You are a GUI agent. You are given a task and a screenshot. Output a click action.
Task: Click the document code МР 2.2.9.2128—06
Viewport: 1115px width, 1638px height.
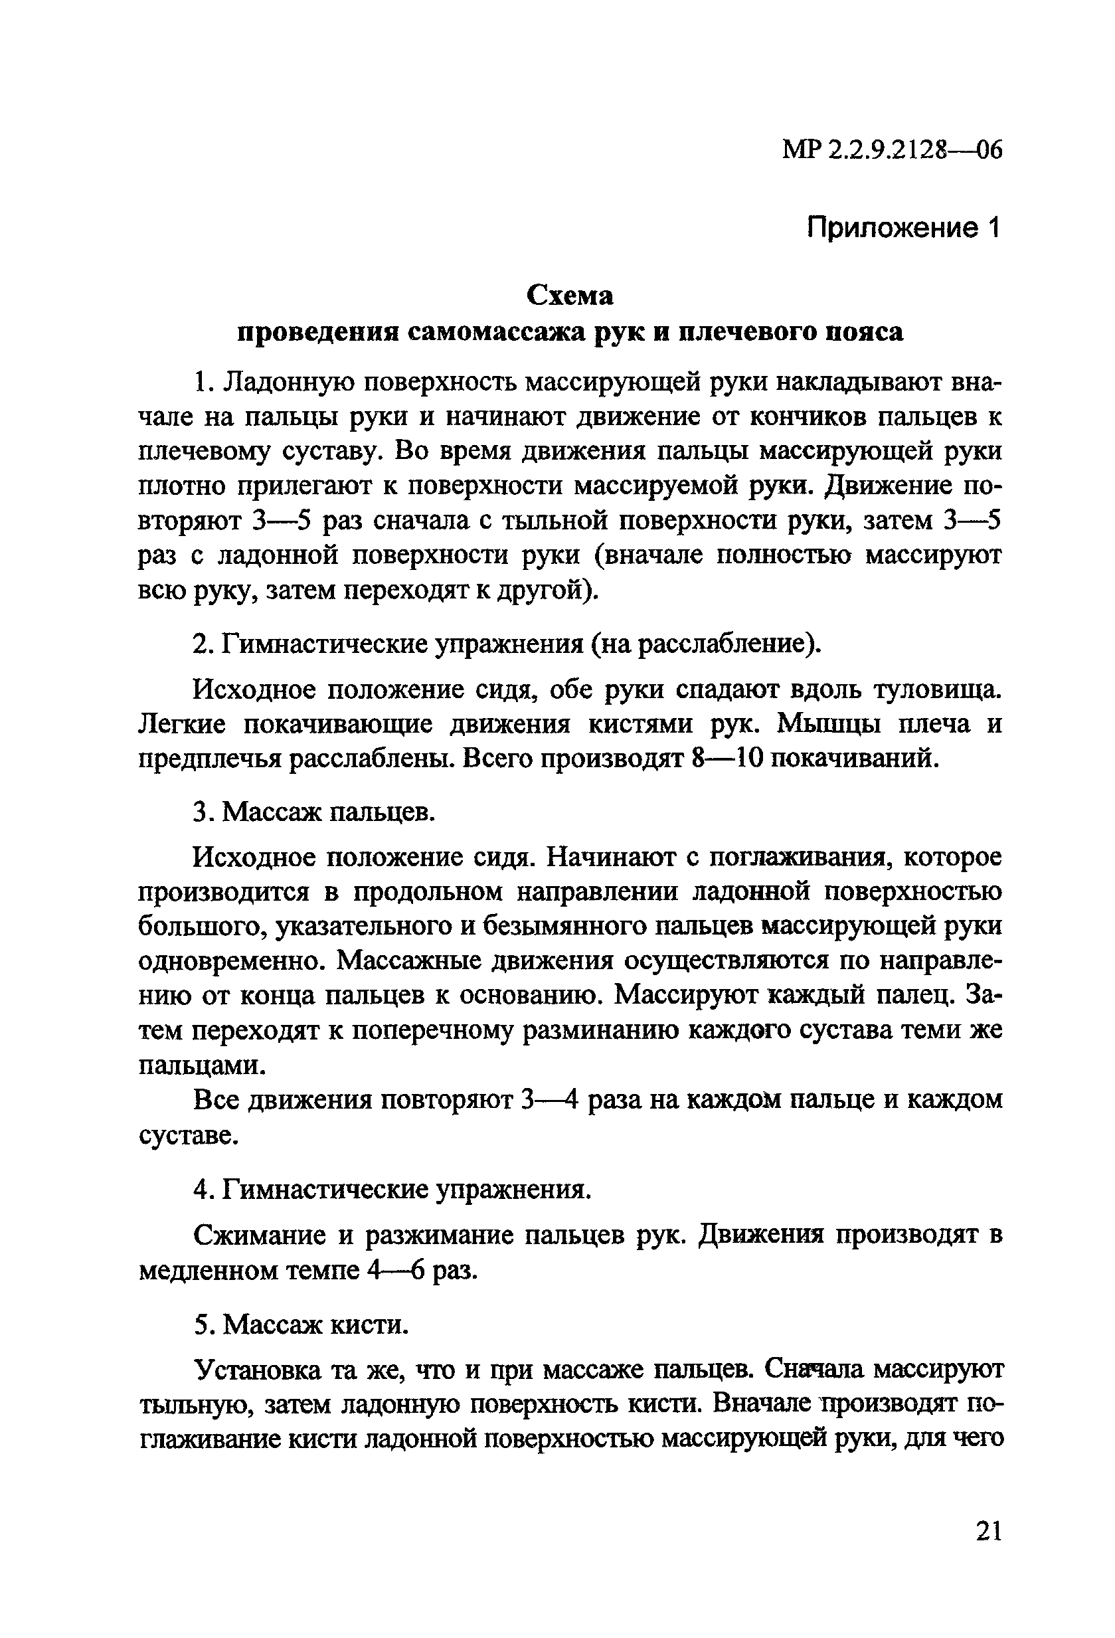[892, 150]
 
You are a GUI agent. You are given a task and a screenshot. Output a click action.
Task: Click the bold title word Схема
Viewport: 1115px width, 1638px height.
[570, 296]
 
